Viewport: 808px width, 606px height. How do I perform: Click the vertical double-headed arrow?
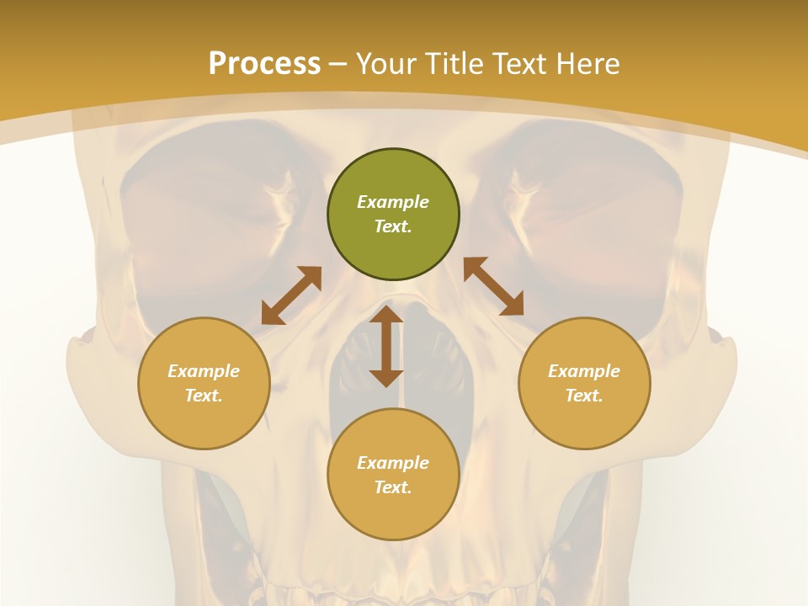(386, 347)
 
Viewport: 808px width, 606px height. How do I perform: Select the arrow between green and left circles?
(291, 295)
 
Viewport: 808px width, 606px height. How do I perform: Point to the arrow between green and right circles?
(493, 286)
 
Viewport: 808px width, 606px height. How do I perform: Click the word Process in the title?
(264, 63)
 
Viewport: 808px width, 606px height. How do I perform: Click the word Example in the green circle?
(393, 202)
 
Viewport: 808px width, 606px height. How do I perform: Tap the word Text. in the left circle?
(204, 396)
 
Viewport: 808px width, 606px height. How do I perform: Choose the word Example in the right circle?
(584, 371)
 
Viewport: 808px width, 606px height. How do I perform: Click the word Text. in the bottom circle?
(393, 487)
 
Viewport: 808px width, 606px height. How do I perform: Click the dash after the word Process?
(338, 63)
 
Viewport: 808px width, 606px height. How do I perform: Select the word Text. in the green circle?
(393, 226)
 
